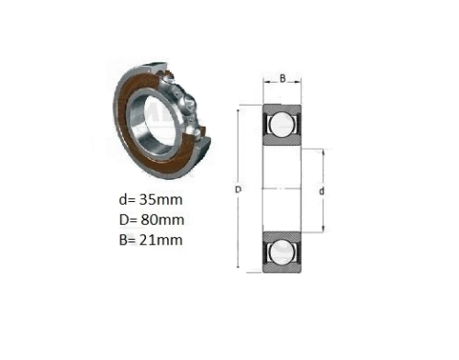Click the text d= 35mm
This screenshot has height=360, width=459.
(x=151, y=200)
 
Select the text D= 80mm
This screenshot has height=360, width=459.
(x=151, y=219)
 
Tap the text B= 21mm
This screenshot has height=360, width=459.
(x=151, y=240)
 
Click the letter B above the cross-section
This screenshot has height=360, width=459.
(x=283, y=78)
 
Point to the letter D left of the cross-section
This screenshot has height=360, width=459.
(x=238, y=189)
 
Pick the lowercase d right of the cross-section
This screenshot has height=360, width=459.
(x=321, y=191)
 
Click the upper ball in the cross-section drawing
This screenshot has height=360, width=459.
(x=282, y=124)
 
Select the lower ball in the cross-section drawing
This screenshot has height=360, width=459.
(x=282, y=253)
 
